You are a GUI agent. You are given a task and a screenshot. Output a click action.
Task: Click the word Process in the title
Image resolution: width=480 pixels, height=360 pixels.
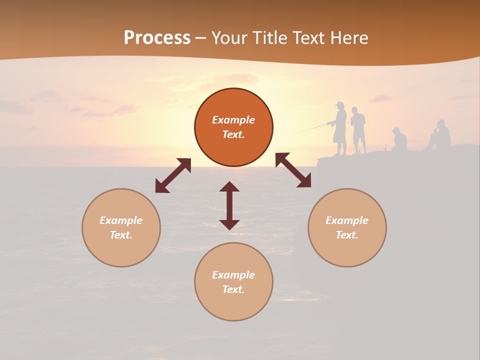[157, 38]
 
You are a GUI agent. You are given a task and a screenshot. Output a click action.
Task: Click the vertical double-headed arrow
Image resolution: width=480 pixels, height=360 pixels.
[229, 205]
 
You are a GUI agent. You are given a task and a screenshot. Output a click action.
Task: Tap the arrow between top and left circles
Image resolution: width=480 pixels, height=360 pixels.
[173, 175]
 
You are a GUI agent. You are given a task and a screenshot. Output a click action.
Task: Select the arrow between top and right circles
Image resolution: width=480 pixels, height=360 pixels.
[293, 170]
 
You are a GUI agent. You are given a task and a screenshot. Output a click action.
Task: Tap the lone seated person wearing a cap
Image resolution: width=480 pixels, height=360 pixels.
[399, 139]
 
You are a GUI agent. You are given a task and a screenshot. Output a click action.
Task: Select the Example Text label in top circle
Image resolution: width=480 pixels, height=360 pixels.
[233, 127]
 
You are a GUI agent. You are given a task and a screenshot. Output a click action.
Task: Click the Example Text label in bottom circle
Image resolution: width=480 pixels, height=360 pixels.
[233, 282]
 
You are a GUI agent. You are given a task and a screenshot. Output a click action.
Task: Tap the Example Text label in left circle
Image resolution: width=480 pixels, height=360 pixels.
[121, 227]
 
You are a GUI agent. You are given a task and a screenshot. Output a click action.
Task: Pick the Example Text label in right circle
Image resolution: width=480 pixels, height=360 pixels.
[347, 227]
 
